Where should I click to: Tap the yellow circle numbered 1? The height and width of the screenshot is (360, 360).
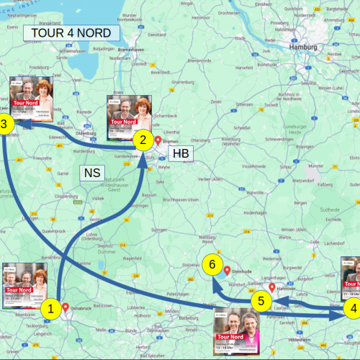pyautogui.click(x=50, y=310)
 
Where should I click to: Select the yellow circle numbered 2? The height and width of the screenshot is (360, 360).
pyautogui.click(x=143, y=140)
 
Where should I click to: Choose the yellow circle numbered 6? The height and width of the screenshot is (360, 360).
pyautogui.click(x=211, y=264)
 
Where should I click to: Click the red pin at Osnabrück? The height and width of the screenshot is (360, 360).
pyautogui.click(x=66, y=307)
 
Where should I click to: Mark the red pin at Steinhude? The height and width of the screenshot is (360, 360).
pyautogui.click(x=228, y=271)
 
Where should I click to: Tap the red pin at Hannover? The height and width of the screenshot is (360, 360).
pyautogui.click(x=273, y=287)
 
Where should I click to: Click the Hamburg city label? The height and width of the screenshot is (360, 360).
pyautogui.click(x=302, y=48)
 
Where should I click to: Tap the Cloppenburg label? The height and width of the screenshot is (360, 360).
pyautogui.click(x=66, y=196)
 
